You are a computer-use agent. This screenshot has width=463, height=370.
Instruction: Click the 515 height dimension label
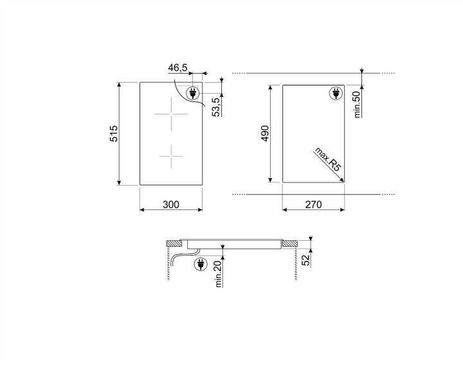114,134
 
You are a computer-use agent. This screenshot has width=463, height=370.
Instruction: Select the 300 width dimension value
170,205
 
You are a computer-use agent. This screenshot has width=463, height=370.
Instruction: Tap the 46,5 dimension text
177,67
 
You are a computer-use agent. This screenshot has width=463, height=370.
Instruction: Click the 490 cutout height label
264,134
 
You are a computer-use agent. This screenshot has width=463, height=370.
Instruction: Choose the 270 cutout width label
313,205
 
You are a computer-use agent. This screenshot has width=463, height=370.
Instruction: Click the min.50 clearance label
358,103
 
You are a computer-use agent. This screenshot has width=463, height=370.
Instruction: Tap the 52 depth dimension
306,260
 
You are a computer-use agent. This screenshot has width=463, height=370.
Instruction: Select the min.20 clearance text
219,276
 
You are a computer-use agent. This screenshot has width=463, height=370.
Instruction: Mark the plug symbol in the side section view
200,263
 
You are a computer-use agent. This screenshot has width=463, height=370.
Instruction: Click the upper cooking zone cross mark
171,115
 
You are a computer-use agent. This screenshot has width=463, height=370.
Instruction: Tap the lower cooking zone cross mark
171,155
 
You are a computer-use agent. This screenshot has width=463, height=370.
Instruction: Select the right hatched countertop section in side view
290,243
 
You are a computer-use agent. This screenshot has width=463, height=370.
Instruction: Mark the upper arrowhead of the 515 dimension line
120,85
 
